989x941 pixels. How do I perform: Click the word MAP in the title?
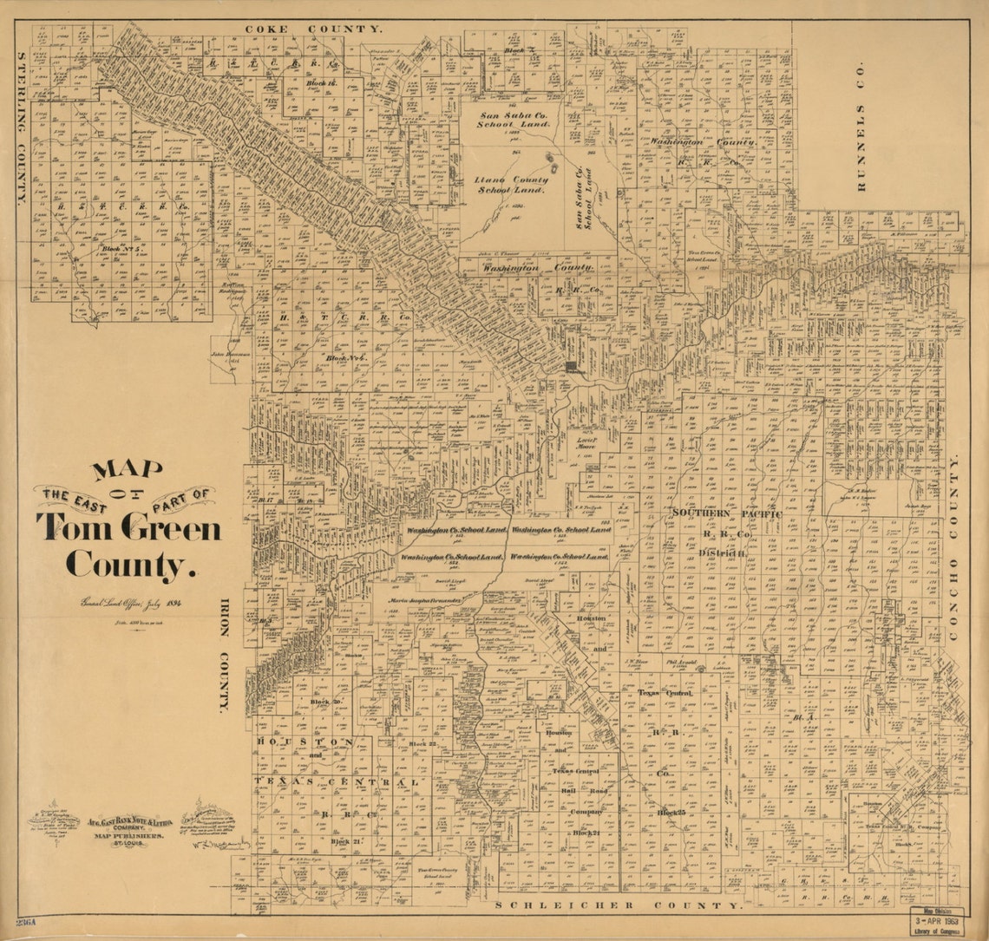click(128, 470)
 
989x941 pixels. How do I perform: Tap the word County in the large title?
click(127, 565)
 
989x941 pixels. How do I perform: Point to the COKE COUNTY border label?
click(312, 29)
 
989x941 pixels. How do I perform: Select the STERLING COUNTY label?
click(21, 128)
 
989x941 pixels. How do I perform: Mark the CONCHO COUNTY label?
click(954, 549)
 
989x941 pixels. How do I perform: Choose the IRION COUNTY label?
click(223, 655)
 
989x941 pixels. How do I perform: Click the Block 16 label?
click(323, 83)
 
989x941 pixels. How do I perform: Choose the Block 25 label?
click(671, 813)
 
